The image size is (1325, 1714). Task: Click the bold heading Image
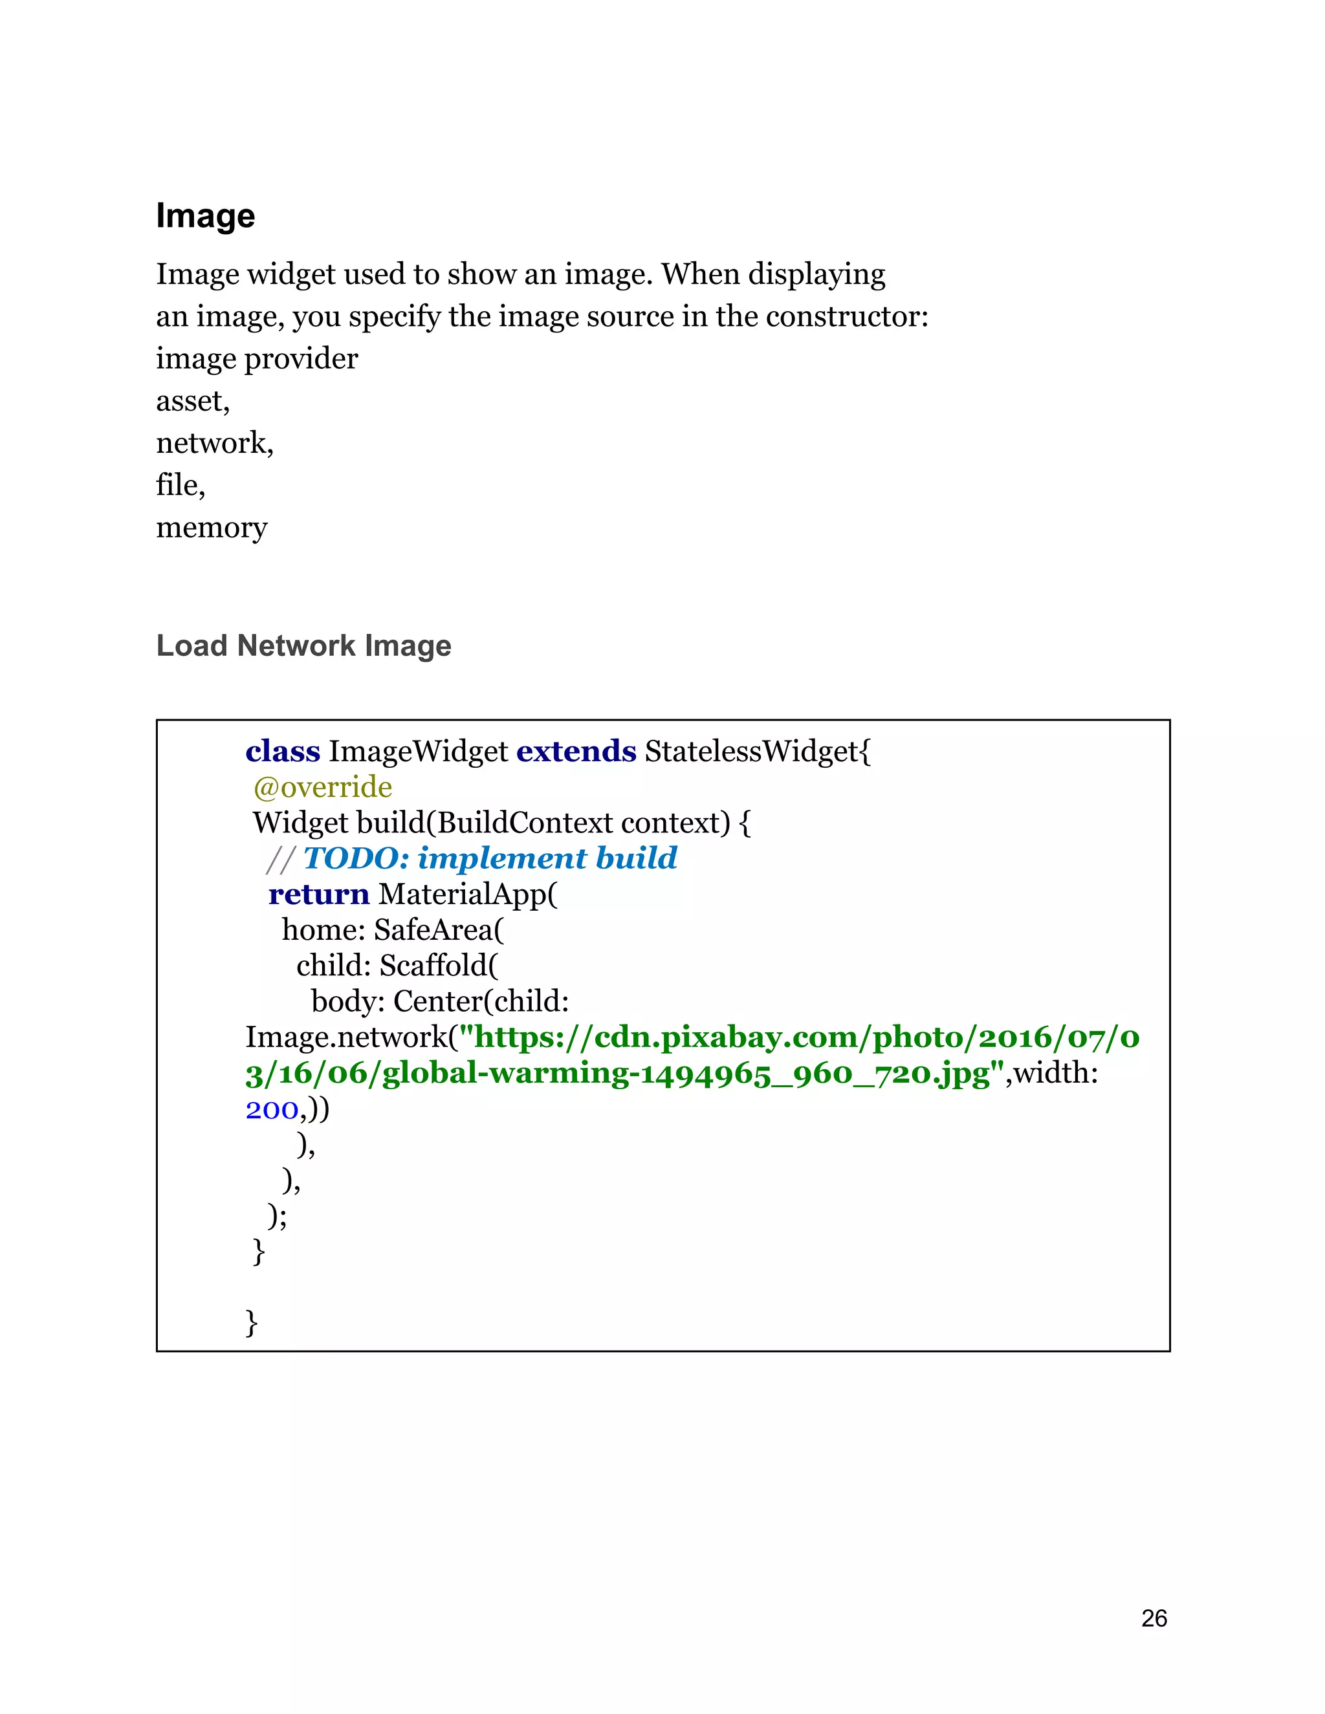coord(205,216)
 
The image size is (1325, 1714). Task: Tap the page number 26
coord(1154,1618)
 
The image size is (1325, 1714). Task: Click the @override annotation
coord(323,786)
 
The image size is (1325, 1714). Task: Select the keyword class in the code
coord(283,751)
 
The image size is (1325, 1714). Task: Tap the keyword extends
coord(576,751)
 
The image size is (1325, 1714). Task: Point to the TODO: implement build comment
coord(490,858)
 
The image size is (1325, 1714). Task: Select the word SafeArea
coord(433,930)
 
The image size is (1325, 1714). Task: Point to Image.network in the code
coord(345,1037)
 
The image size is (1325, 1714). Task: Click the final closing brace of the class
coord(251,1323)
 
